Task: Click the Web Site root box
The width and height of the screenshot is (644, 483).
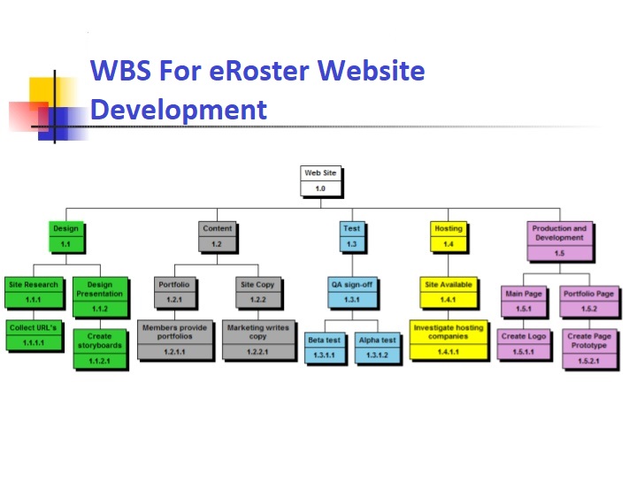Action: [320, 180]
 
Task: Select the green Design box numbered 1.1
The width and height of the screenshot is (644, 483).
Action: [65, 235]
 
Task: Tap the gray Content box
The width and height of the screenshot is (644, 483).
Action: [217, 235]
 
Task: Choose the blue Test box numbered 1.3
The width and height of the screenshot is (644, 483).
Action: [351, 235]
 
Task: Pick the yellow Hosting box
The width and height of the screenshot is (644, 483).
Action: [448, 235]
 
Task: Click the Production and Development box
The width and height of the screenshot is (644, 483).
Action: [558, 241]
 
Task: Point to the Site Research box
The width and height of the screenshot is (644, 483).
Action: [34, 292]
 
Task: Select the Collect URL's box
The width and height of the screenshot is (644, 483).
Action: [34, 334]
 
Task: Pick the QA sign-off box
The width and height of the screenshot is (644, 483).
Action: [351, 292]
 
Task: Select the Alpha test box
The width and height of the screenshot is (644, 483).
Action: [378, 347]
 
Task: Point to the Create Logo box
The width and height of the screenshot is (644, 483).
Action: [525, 342]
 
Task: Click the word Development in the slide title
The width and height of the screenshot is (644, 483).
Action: [179, 110]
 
